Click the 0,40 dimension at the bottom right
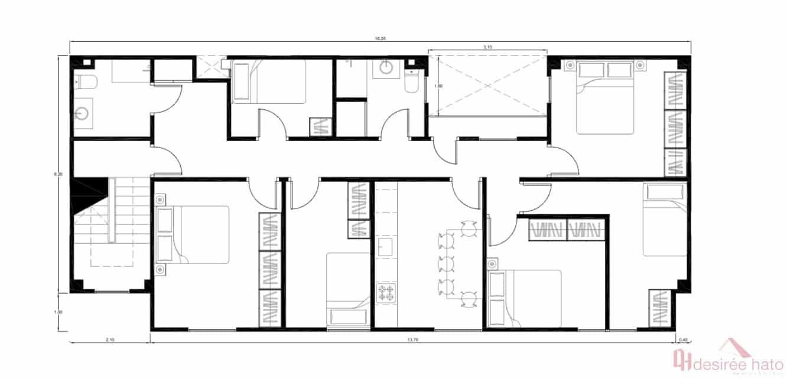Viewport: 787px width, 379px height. click(684, 340)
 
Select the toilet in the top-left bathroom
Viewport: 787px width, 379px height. click(81, 82)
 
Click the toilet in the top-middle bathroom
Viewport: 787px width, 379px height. click(411, 83)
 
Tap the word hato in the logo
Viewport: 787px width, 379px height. click(755, 360)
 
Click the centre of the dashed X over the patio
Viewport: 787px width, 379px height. click(487, 84)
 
